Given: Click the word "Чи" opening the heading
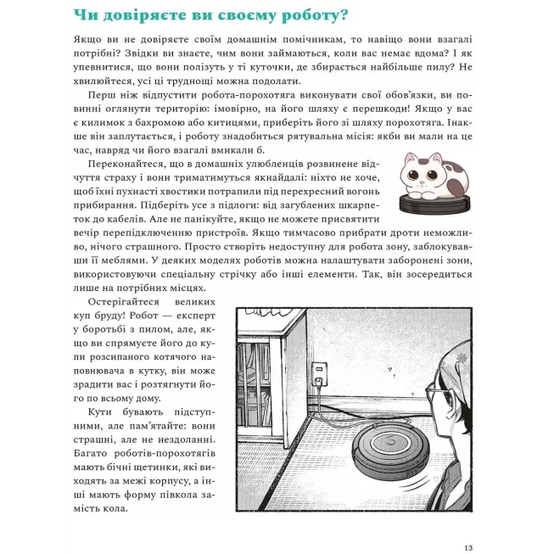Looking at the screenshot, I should (x=85, y=17).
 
